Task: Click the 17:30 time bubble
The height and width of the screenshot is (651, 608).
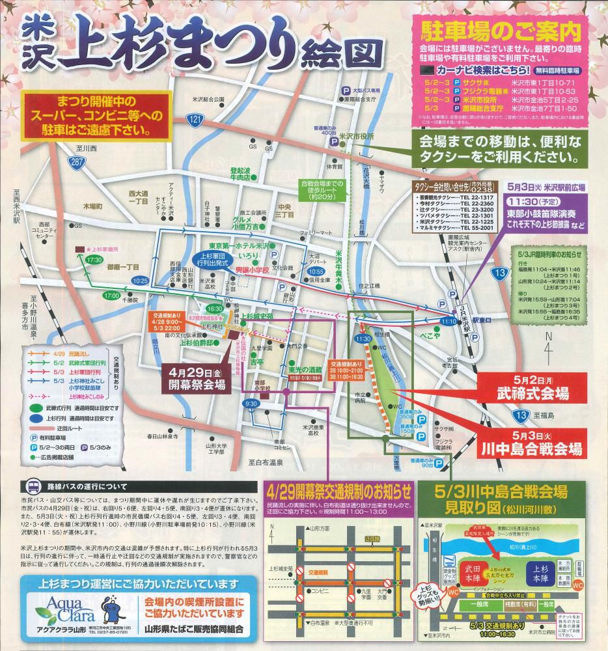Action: [94, 259]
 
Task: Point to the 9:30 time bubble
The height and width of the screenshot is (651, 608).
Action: [251, 404]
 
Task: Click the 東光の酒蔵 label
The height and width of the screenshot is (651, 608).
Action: [305, 368]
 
